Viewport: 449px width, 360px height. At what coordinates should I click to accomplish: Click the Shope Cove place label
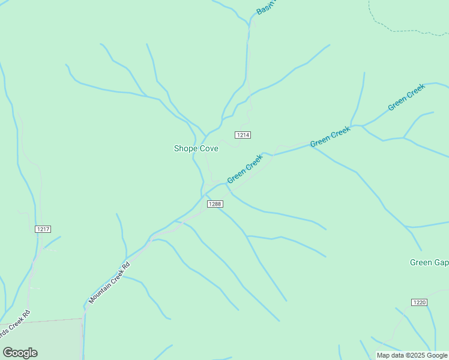[x=196, y=148]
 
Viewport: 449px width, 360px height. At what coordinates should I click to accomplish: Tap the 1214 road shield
[x=243, y=135]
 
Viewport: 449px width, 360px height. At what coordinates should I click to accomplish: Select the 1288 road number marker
[x=215, y=204]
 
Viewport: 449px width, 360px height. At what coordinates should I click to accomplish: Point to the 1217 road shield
[x=43, y=229]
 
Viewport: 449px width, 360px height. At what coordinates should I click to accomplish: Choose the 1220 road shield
[x=420, y=302]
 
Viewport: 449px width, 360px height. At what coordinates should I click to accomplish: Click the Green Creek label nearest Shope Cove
[x=245, y=169]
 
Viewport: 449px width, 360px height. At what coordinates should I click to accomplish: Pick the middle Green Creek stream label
[x=330, y=136]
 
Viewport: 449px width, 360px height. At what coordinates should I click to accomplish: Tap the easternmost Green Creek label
[x=406, y=97]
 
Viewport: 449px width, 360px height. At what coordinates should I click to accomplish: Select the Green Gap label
[x=429, y=262]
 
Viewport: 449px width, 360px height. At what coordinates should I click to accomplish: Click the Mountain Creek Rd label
[x=109, y=283]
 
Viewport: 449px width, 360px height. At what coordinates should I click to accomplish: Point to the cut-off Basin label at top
[x=265, y=7]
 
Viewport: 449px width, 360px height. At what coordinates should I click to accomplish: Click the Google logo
[x=20, y=353]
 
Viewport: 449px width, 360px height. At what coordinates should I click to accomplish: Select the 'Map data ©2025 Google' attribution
[x=412, y=355]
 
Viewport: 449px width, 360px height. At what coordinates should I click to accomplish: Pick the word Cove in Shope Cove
[x=207, y=148]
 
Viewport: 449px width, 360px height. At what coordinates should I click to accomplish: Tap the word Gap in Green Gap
[x=442, y=262]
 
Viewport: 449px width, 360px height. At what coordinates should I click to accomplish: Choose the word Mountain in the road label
[x=101, y=291]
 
